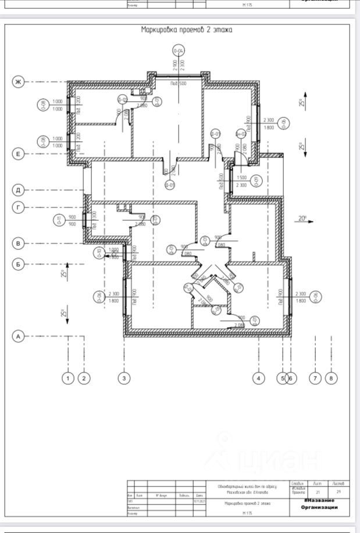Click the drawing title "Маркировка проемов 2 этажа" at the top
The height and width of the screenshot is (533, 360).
tap(187, 30)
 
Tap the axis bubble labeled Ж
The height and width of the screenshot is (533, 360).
tap(18, 82)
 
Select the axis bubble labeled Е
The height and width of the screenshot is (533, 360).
tap(18, 153)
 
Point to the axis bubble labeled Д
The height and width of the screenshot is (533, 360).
tap(18, 190)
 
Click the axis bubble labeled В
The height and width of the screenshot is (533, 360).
tap(18, 244)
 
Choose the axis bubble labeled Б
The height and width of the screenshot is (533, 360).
tap(18, 264)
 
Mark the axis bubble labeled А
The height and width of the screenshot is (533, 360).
tap(18, 336)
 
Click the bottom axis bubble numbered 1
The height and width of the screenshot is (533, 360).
tap(69, 378)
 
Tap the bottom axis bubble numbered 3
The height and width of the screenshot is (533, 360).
tap(123, 378)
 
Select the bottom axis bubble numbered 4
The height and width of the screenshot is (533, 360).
tap(258, 378)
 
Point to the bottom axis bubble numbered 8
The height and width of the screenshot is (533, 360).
tap(331, 378)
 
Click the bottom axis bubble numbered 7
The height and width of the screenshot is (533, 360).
tap(315, 378)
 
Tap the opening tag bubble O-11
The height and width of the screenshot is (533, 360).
tap(58, 220)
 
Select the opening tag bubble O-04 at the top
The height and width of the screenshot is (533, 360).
tap(179, 51)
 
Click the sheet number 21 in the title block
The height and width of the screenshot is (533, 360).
tap(318, 492)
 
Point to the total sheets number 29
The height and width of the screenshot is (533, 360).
tap(338, 492)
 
